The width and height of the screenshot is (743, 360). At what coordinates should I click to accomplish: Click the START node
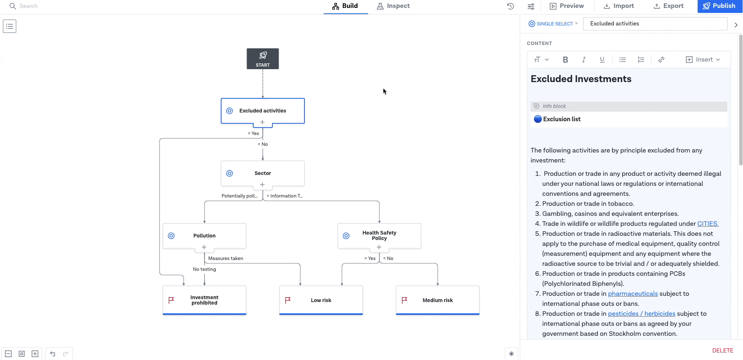263,59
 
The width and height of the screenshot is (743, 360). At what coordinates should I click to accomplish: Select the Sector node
263,173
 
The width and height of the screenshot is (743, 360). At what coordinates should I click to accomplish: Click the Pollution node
204,236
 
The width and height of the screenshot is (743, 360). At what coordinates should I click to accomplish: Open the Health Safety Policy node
379,236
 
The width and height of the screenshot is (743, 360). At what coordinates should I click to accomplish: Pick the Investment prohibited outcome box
204,300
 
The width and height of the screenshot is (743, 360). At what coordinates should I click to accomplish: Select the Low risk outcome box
321,300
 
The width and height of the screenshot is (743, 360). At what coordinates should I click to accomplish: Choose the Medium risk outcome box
438,300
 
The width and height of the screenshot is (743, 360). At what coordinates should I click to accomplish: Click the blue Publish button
719,6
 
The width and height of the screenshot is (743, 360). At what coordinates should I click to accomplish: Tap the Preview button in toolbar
567,6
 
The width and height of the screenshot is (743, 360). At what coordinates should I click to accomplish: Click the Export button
668,6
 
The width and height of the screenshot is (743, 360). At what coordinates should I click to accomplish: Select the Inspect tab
393,6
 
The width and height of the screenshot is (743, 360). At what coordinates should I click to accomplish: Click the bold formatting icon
565,60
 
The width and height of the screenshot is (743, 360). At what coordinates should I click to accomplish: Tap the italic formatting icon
584,60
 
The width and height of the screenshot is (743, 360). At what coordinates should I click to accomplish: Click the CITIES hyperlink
708,224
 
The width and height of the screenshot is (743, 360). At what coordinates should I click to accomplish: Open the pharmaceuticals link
633,294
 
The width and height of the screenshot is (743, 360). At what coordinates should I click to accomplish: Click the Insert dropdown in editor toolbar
703,60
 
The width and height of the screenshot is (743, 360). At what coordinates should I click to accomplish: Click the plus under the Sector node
262,185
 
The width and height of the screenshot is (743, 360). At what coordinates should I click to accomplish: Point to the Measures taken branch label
226,258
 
